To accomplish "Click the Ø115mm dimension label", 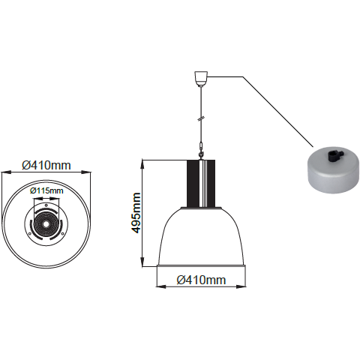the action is [x=46, y=191].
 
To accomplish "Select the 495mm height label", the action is [x=136, y=213].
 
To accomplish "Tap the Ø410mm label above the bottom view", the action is [x=46, y=165].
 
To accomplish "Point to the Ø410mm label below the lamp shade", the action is [x=201, y=280].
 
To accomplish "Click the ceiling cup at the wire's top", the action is [x=201, y=79].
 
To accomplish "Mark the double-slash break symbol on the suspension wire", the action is [x=201, y=118].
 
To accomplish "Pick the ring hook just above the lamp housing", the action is [x=201, y=155].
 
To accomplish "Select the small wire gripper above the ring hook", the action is [x=200, y=146].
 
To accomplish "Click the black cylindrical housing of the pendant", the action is [x=201, y=184].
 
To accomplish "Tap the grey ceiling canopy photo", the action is [x=333, y=172].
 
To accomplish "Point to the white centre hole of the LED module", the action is [x=46, y=224].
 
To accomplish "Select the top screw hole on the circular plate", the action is [x=46, y=205].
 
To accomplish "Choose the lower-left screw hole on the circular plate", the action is [x=30, y=234].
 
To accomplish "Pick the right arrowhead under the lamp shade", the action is [x=241, y=286].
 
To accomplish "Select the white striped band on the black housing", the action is [x=203, y=184].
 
